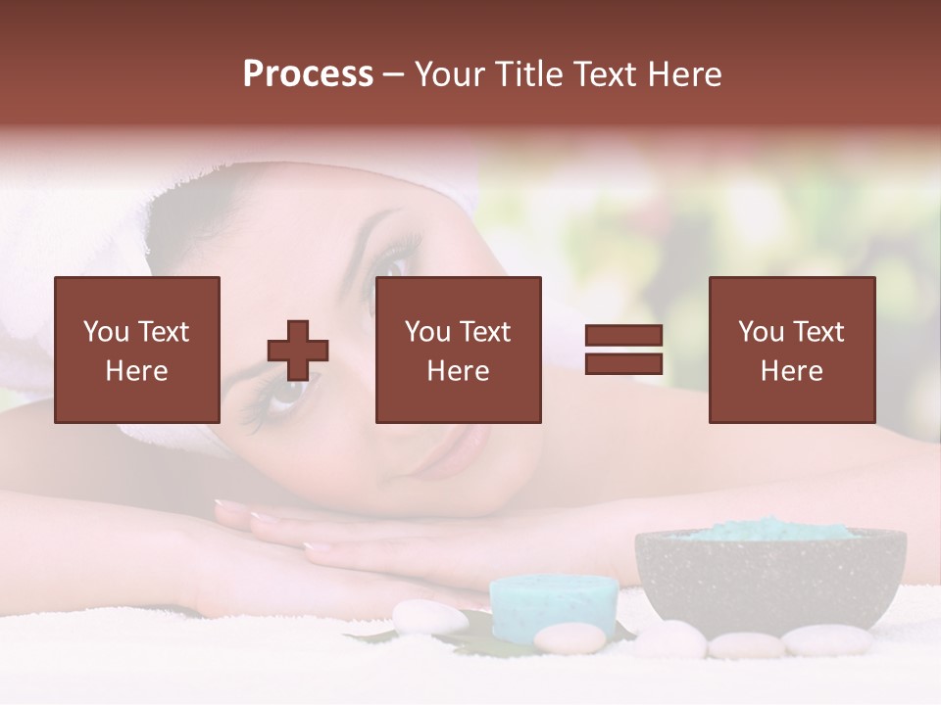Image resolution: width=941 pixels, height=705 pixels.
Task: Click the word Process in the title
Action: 308,74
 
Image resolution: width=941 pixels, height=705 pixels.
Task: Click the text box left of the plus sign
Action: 137,350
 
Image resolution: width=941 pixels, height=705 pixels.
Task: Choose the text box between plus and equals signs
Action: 459,350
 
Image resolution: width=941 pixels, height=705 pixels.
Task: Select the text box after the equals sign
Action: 792,350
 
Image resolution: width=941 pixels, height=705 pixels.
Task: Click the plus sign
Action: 298,351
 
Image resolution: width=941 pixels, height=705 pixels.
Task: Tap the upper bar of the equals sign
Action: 623,336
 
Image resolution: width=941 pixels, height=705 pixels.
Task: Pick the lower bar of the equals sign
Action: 623,364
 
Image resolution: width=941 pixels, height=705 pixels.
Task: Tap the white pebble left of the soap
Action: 429,617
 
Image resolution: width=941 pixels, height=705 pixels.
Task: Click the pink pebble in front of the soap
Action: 570,638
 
